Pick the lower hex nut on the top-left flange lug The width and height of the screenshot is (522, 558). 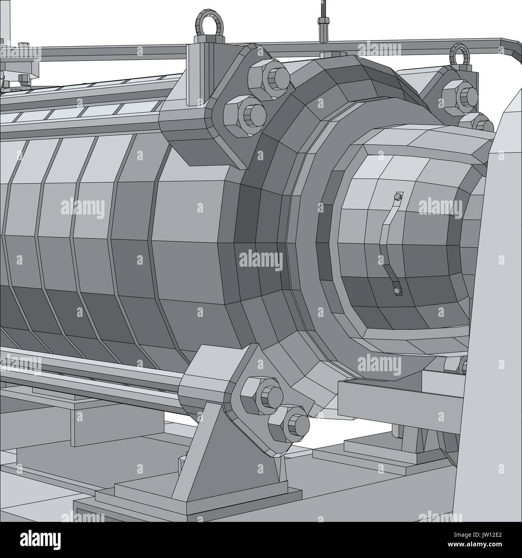[245, 112]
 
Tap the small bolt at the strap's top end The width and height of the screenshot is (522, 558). [398, 196]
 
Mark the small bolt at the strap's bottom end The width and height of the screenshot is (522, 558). [397, 290]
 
